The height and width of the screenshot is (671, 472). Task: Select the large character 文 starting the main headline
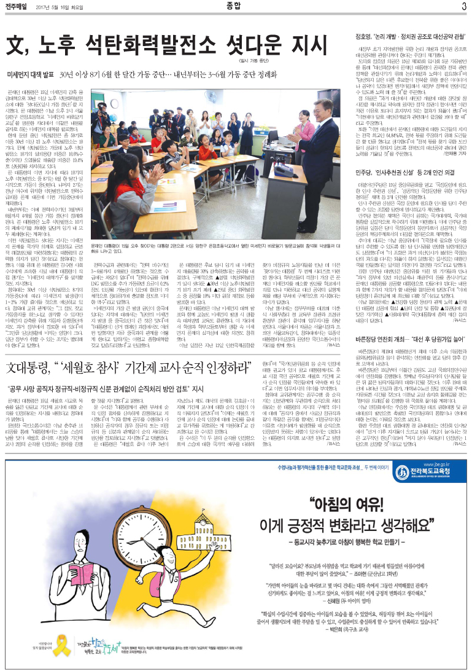pyautogui.click(x=19, y=46)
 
